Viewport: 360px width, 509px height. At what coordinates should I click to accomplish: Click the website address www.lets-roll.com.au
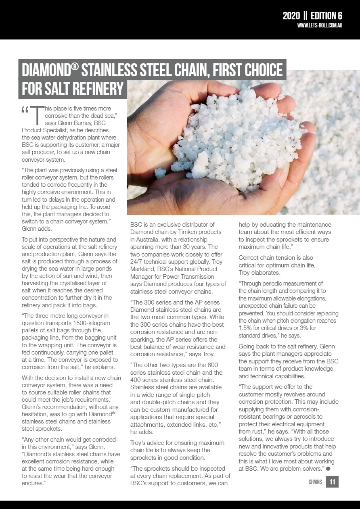(x=320, y=26)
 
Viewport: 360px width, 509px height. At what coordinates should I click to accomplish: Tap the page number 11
(x=332, y=482)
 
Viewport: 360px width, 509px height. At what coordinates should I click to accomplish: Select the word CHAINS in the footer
(x=315, y=482)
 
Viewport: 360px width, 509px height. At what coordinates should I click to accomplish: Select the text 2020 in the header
(x=291, y=16)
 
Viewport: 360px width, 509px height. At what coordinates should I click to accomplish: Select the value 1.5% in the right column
(x=246, y=328)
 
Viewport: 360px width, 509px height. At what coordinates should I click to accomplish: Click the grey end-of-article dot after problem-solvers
(x=328, y=468)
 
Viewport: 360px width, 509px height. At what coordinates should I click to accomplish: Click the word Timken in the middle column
(x=193, y=232)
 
